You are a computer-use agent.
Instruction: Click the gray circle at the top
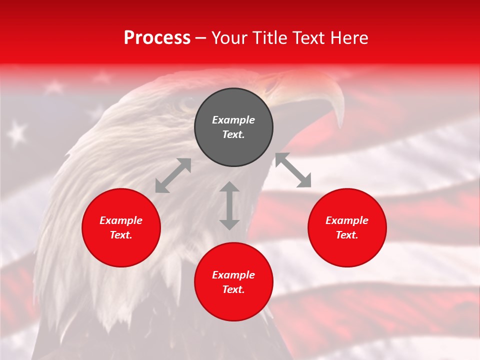coord(233,127)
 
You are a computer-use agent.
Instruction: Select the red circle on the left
coord(121,228)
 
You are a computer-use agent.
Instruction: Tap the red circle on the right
coord(347,228)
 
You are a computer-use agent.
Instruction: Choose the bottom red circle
coord(233,282)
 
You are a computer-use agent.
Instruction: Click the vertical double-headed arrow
coord(229,205)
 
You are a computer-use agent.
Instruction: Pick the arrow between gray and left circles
coord(173,175)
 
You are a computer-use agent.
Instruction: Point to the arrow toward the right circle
coord(293,170)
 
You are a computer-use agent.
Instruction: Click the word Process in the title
coord(157,38)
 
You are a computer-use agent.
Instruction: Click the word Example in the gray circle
coord(233,120)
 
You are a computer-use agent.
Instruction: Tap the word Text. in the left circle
coord(121,235)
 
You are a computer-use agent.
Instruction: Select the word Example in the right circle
coord(347,220)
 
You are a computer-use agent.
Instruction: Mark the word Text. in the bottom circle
coord(233,289)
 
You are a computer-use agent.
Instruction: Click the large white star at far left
coord(17,133)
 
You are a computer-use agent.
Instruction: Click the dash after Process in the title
coord(200,38)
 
